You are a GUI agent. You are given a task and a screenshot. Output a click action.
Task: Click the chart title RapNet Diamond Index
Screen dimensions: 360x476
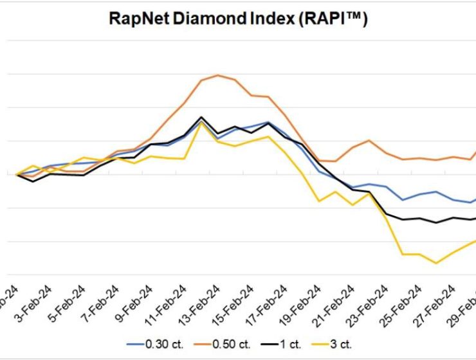click(238, 20)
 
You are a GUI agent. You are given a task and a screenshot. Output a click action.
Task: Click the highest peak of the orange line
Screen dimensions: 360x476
click(218, 75)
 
